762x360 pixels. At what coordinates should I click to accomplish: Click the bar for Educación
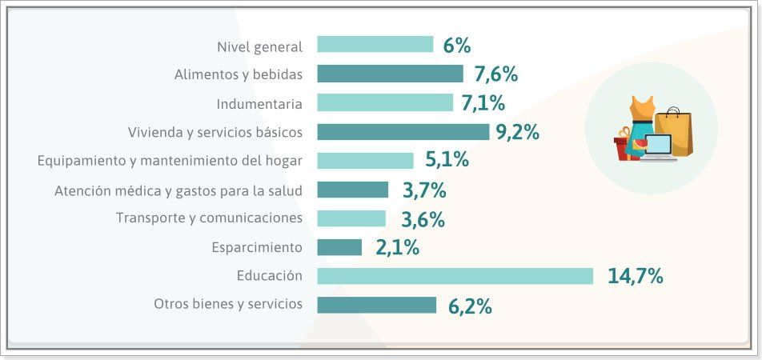(455, 276)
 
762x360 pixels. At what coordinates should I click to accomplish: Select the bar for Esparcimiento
(339, 247)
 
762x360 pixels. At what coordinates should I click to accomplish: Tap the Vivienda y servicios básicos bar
(403, 132)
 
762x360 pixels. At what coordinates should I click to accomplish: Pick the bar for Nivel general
(375, 45)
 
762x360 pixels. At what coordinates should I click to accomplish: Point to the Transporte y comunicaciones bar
(351, 218)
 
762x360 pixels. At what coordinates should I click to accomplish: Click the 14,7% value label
(636, 277)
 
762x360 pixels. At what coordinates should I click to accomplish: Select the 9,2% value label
(517, 133)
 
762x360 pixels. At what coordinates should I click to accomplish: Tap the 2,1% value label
(397, 248)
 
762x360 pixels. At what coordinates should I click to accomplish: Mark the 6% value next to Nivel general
(456, 46)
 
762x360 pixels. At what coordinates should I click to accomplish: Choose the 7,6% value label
(495, 74)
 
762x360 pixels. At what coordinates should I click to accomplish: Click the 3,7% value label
(423, 190)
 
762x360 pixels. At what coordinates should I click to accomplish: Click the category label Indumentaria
(259, 104)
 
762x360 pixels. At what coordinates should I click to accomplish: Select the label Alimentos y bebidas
(239, 74)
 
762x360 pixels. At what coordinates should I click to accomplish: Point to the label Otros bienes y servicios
(228, 304)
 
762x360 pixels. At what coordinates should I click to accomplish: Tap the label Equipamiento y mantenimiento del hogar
(170, 161)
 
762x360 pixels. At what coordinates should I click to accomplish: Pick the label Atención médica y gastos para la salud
(178, 190)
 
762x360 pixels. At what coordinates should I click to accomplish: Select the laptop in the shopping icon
(659, 148)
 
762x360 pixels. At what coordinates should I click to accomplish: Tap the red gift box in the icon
(623, 147)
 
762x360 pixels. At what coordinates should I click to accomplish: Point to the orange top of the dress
(643, 108)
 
